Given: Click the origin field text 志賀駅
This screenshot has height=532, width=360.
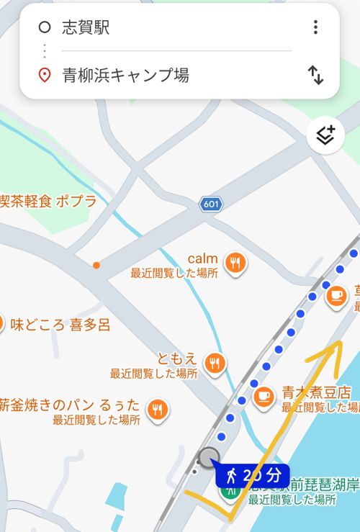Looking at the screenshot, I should [x=86, y=28].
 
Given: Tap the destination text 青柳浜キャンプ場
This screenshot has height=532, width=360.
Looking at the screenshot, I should [x=126, y=75].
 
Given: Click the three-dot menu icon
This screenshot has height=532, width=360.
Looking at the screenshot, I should [x=315, y=27].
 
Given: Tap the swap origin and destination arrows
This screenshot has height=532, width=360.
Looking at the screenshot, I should [x=315, y=75].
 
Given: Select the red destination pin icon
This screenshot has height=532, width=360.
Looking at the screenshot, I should [x=45, y=75].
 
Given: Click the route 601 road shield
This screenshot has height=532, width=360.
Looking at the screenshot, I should [x=211, y=204].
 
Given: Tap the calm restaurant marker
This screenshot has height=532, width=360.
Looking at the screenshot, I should [x=235, y=263].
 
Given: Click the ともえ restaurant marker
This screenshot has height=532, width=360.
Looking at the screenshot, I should [x=214, y=364].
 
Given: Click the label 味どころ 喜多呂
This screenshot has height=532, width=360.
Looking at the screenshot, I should [x=60, y=325].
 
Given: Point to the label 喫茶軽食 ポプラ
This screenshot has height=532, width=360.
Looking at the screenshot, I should [x=48, y=202].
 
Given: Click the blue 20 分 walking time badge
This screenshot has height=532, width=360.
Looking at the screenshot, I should [x=252, y=476].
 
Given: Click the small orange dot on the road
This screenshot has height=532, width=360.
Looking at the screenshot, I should [x=96, y=265].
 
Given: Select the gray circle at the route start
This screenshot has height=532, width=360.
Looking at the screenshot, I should [x=209, y=456].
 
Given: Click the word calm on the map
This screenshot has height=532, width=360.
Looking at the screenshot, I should [x=202, y=258].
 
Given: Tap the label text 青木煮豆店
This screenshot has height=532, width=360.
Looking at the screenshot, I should [x=316, y=393].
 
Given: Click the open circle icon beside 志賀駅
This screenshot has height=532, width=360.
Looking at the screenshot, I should [x=45, y=28].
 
